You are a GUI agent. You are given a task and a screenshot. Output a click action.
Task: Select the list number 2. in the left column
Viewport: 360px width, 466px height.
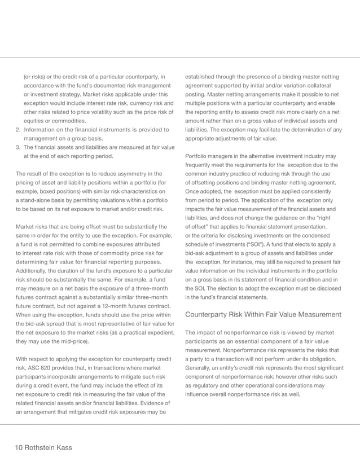point(16,130)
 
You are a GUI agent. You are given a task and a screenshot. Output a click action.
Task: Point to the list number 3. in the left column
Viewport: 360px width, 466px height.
point(16,147)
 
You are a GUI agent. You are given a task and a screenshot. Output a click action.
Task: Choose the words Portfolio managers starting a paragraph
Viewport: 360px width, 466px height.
point(209,156)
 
